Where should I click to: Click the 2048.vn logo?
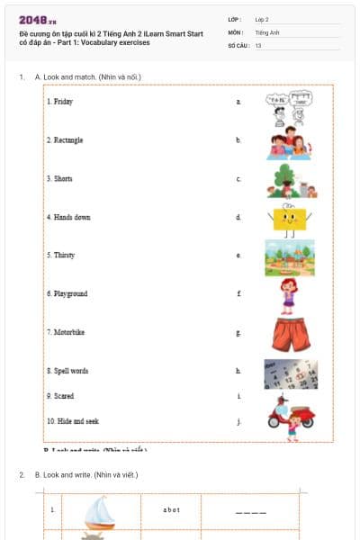[x=38, y=20]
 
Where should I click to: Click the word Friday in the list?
[x=60, y=102]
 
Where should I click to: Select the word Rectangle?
[x=66, y=140]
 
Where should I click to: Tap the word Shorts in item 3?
[x=61, y=179]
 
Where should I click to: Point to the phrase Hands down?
[x=69, y=217]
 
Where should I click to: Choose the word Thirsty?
[x=62, y=256]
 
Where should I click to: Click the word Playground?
[x=68, y=294]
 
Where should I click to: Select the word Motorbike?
[x=67, y=332]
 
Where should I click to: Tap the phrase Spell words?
[x=68, y=371]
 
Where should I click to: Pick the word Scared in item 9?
[x=61, y=396]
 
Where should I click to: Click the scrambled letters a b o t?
[x=172, y=510]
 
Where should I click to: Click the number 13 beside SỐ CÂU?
[x=258, y=45]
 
